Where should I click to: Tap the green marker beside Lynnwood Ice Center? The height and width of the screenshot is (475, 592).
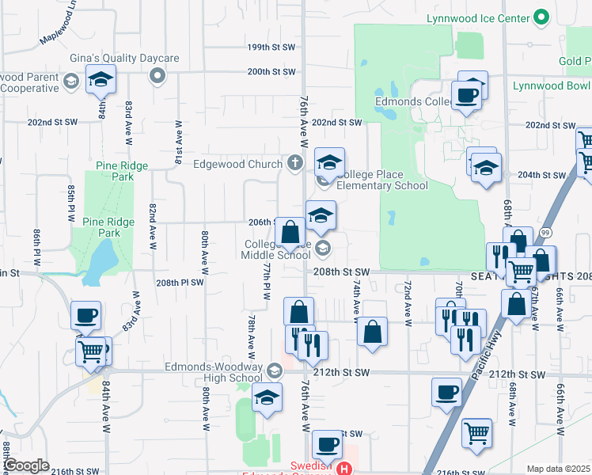coord(541,17)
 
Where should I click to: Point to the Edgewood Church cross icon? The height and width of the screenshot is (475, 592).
coord(295,164)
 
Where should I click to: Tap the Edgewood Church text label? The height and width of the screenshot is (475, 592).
coord(237,165)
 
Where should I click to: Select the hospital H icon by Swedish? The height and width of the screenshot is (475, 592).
coord(344,469)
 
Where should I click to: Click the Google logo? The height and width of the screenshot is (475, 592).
coord(26,465)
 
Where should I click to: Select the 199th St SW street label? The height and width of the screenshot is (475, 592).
coord(270,47)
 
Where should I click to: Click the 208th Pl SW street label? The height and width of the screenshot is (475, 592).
coord(180,283)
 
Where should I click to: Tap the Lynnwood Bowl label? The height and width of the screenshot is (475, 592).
coord(551,85)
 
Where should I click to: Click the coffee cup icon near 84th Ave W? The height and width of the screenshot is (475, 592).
coord(85,316)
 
